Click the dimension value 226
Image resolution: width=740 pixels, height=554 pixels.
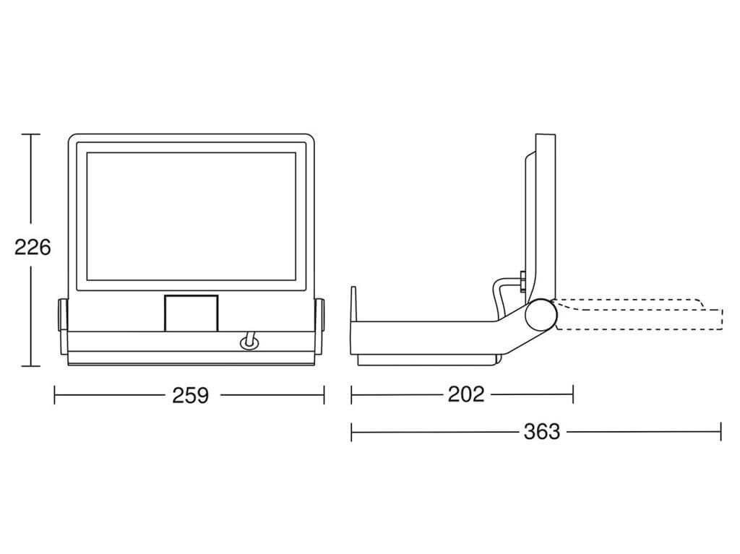[32, 247]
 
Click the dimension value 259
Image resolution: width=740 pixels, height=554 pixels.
[190, 395]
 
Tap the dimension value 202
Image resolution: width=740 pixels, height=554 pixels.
[466, 394]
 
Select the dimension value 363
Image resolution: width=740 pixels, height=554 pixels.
[542, 432]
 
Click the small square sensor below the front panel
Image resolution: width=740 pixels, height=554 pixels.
[191, 313]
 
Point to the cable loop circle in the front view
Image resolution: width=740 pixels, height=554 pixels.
[249, 343]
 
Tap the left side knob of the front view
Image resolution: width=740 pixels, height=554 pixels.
[62, 315]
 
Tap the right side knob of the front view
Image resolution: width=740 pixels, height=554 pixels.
[319, 315]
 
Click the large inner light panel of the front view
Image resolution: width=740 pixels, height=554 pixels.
[191, 216]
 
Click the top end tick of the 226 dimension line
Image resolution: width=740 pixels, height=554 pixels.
[31, 134]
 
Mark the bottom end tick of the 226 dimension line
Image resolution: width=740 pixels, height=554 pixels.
[31, 365]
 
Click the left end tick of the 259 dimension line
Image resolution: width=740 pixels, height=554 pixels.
[55, 395]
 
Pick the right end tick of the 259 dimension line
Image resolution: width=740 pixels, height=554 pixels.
[324, 395]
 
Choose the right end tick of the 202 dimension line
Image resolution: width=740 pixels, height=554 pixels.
[573, 394]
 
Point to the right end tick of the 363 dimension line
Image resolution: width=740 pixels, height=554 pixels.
[720, 432]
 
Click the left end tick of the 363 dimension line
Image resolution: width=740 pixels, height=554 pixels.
[352, 432]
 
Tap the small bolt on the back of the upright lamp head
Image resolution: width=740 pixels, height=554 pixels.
[523, 282]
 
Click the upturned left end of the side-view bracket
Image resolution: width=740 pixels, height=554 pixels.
[353, 304]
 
